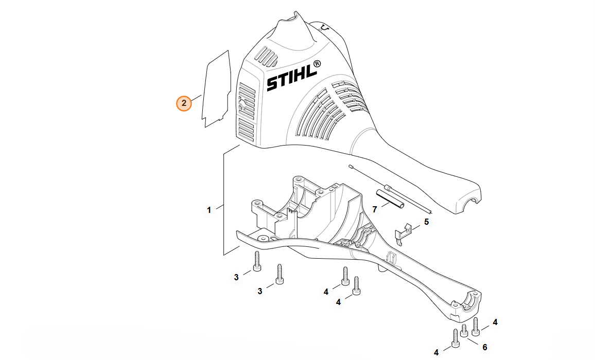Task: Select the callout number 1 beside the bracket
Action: [x=209, y=210]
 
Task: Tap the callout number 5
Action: [x=426, y=222]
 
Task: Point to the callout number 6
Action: [x=484, y=347]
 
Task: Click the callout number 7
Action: [x=375, y=209]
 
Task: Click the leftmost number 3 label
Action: [x=236, y=277]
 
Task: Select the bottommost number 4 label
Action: [x=436, y=352]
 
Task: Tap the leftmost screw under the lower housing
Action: [x=257, y=262]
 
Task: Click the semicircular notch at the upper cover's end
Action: [x=469, y=206]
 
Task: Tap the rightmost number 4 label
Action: [x=495, y=322]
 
